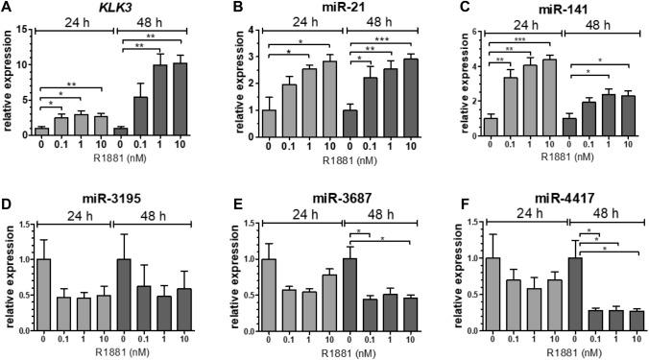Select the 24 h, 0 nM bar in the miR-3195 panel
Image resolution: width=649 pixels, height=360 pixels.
(41, 289)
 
